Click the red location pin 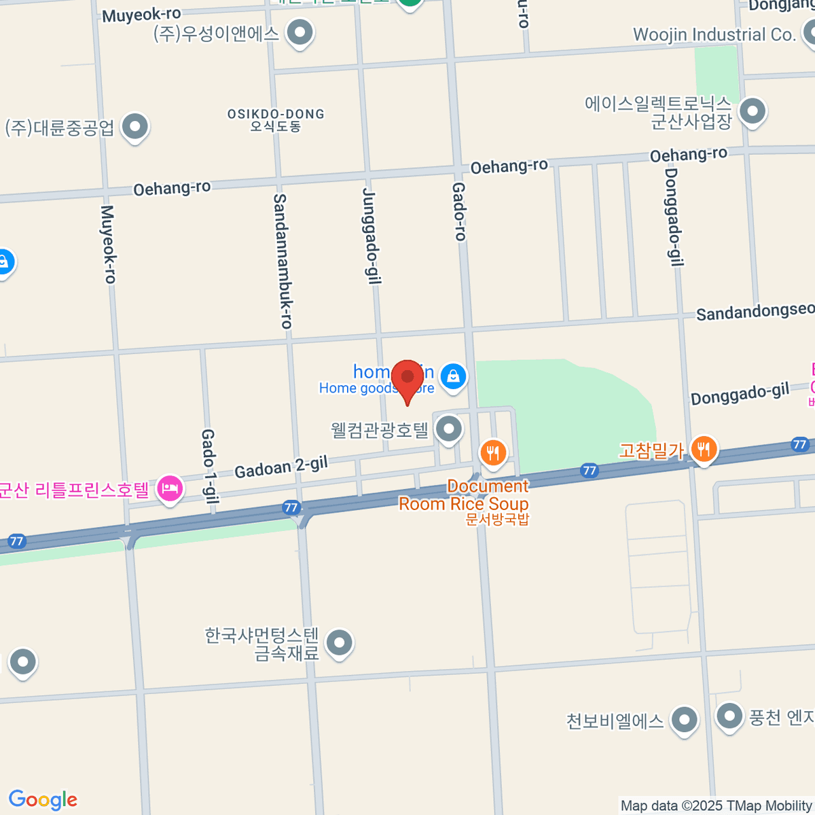coord(407,378)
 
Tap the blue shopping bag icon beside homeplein coord(453,376)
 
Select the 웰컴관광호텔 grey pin coord(448,429)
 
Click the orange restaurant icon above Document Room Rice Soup coord(493,452)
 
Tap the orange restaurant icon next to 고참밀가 coord(704,449)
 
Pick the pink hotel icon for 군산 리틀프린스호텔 coord(170,489)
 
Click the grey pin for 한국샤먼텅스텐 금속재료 coord(339,642)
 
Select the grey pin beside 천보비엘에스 coord(684,720)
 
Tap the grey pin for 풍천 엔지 coord(729,716)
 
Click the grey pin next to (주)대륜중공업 coord(135,127)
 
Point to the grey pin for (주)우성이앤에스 coord(300,33)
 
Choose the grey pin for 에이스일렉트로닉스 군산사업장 coord(752,111)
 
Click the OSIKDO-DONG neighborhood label coord(276,120)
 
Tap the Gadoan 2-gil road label coord(281,467)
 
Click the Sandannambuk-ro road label coord(283,261)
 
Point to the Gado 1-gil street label coord(209,466)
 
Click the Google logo coord(43,800)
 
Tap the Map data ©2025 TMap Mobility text coord(717,806)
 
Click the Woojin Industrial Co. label coord(714,35)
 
